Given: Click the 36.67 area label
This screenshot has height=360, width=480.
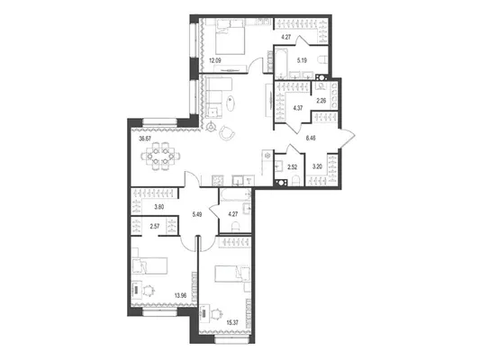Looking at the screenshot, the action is (145, 139).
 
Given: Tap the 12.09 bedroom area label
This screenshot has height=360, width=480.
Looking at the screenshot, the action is (215, 60).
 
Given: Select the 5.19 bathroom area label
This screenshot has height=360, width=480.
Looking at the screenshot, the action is (302, 60).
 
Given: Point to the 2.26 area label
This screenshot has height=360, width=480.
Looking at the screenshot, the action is (322, 100).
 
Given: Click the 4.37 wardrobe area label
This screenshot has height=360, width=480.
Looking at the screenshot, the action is (298, 108).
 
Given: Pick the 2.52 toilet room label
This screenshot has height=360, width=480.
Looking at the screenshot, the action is (292, 167).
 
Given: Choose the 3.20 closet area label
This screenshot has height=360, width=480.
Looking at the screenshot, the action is (317, 166).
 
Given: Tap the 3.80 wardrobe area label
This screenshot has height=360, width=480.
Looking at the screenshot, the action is (159, 207).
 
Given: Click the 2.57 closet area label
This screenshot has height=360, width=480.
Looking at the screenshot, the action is (155, 226).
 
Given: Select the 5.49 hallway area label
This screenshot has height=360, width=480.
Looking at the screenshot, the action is (197, 214).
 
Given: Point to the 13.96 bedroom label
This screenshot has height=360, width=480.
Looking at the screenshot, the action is (181, 295).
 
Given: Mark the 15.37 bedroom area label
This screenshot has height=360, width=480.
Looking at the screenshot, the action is (232, 322).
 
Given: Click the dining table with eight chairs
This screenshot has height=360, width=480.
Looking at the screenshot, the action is (160, 156).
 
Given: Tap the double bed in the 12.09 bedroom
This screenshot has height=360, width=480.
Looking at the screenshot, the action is (231, 37).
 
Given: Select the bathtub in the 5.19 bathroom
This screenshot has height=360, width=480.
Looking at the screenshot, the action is (281, 64).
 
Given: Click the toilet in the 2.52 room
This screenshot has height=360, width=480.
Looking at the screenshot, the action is (295, 181).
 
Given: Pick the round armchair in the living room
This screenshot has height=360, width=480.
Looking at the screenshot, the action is (227, 132).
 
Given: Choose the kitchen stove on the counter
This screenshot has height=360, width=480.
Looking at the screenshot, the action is (217, 180).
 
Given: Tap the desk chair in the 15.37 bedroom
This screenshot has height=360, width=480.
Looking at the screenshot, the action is (217, 313).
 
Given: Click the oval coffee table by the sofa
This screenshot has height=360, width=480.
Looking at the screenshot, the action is (231, 103).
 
